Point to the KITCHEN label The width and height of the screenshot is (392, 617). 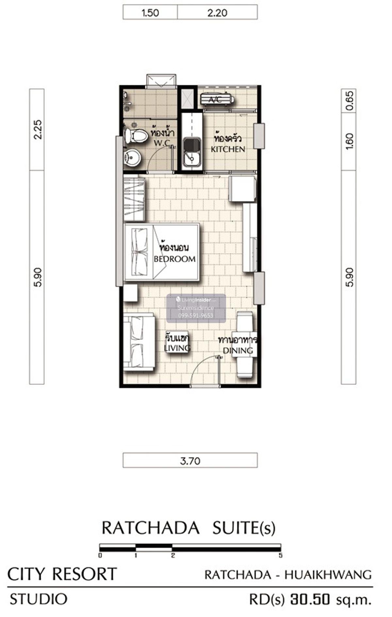tap(228, 149)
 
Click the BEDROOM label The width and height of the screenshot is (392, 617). tap(175, 259)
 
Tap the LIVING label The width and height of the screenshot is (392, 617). tap(177, 348)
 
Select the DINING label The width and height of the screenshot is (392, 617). tap(238, 351)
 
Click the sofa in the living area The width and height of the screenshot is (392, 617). tap(139, 342)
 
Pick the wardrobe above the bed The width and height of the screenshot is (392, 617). tap(134, 199)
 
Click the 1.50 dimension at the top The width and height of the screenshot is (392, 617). tap(150, 13)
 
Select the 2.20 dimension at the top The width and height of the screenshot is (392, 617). tap(217, 13)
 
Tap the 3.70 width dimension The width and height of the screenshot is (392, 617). tap(190, 461)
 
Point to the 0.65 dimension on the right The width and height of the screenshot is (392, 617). tap(349, 100)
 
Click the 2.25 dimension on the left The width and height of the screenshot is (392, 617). tap(38, 130)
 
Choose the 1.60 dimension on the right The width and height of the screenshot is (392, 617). tap(349, 141)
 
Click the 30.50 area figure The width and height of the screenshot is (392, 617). tap(310, 599)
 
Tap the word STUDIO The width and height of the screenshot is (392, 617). tap(39, 599)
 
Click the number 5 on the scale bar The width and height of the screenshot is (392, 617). tap(280, 555)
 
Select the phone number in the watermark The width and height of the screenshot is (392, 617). tap(196, 316)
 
